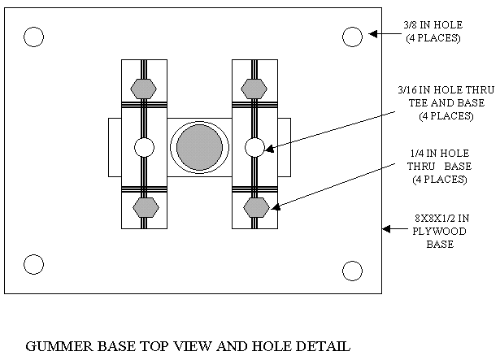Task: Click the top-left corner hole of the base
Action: [33, 37]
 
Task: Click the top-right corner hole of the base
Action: [352, 37]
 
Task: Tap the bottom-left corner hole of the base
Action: [33, 264]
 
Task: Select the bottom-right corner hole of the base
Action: [352, 270]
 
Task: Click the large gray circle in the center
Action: [199, 147]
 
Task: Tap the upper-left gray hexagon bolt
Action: [144, 88]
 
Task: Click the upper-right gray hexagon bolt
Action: [254, 88]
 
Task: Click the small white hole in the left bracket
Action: [144, 147]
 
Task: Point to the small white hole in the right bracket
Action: [254, 147]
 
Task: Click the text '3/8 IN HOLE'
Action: [433, 26]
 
